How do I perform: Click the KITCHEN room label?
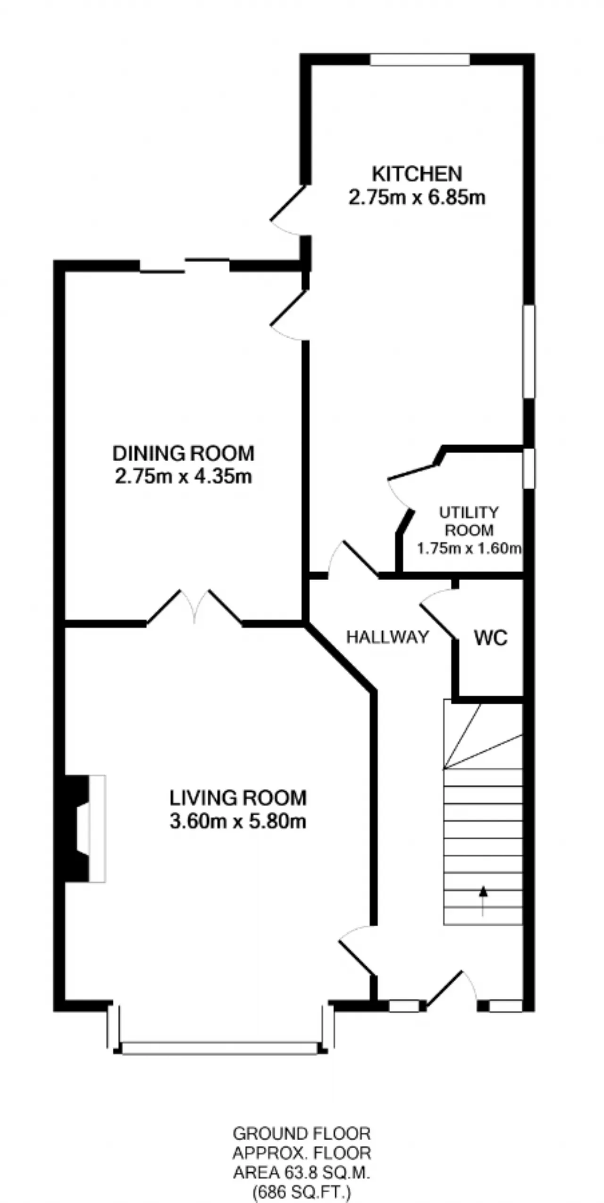[x=417, y=174]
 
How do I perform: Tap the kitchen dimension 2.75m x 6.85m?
[x=417, y=197]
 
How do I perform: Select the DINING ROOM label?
[x=184, y=453]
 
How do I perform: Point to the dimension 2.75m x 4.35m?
[x=184, y=476]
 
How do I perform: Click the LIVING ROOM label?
[x=238, y=798]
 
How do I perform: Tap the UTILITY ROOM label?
[x=469, y=521]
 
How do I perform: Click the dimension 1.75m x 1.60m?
[x=469, y=548]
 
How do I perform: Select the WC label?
[x=491, y=638]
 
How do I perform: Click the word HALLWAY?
[x=388, y=637]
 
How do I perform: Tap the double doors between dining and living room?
[x=194, y=608]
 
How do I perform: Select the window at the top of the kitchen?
[x=420, y=59]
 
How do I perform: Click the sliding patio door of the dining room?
[x=185, y=265]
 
